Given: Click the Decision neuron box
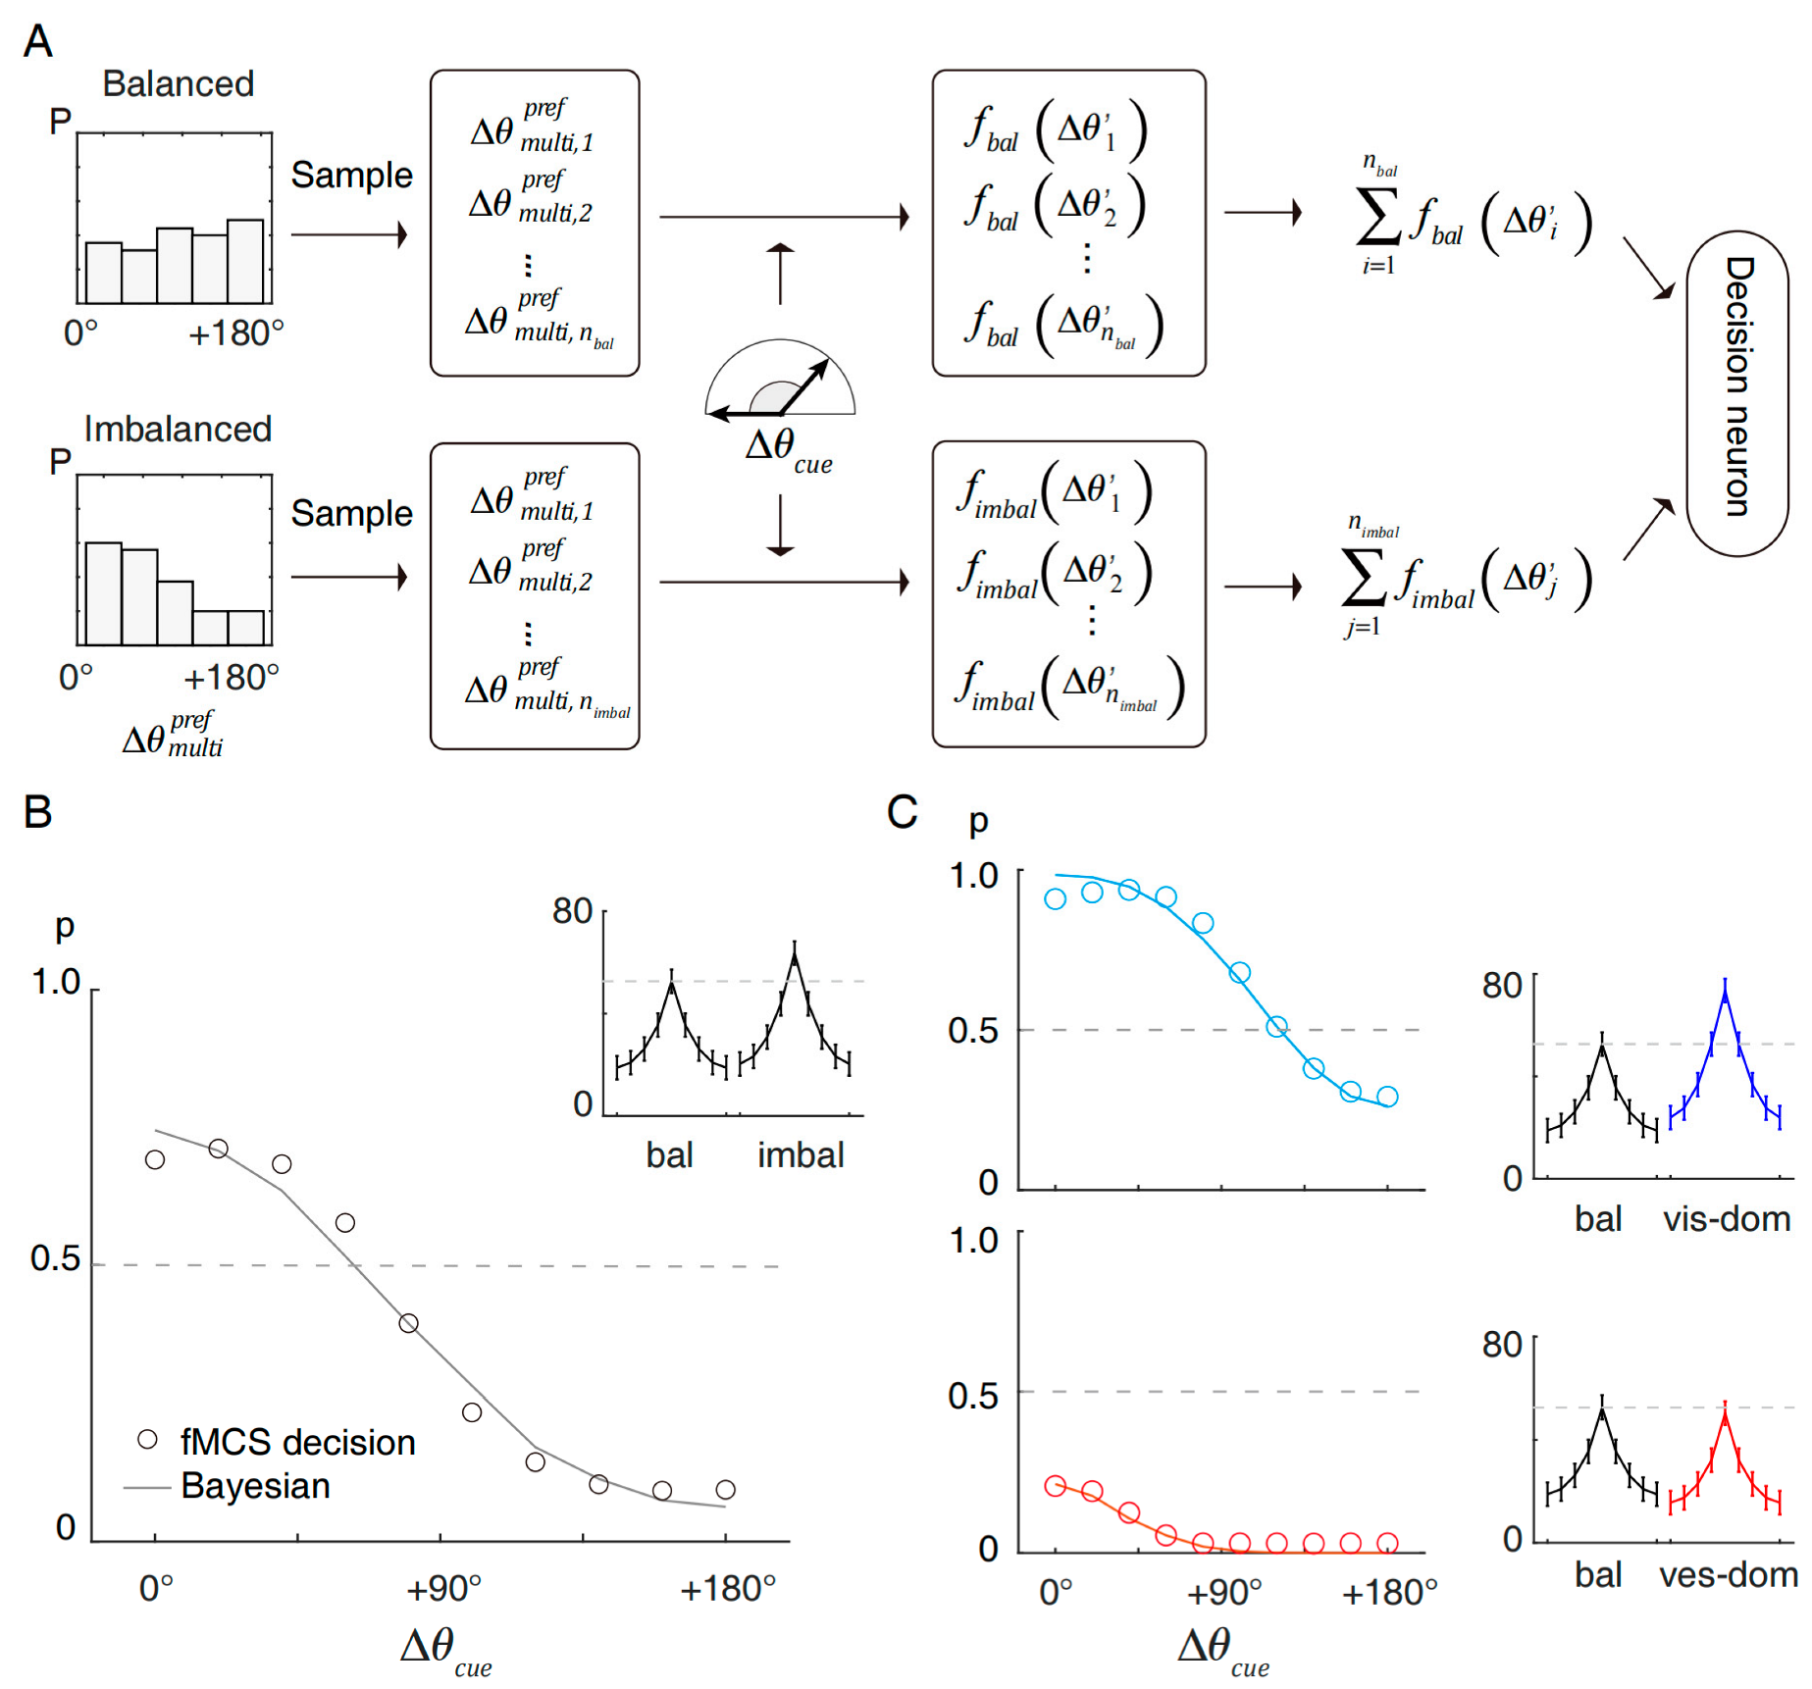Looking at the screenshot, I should (x=1736, y=392).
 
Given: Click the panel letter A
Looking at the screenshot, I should (x=37, y=41).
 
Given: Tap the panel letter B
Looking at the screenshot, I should (x=37, y=812).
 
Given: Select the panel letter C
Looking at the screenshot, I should (x=902, y=812).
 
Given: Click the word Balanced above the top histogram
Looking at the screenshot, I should (x=178, y=84).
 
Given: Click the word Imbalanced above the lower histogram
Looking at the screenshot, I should (x=178, y=430).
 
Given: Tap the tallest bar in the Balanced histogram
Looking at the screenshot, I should (x=245, y=261).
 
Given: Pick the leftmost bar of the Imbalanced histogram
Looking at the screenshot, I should (x=104, y=592).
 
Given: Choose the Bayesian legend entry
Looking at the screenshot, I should (x=255, y=1486).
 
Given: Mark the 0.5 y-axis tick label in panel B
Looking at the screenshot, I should (x=55, y=1258).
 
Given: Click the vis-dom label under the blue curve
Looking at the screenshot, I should (x=1727, y=1219).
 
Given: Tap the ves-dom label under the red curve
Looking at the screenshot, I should (x=1728, y=1575).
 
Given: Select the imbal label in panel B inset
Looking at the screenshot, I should (x=801, y=1155).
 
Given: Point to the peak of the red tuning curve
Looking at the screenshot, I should (x=1725, y=1417).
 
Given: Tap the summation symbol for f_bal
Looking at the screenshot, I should (x=1377, y=218).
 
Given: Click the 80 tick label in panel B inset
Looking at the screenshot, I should (x=572, y=912).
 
